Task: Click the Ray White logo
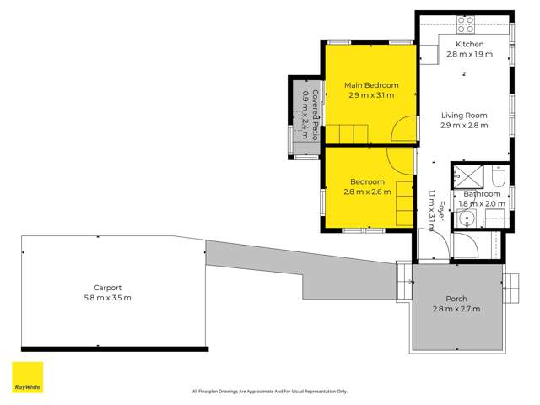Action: pyautogui.click(x=27, y=377)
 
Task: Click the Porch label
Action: pyautogui.click(x=456, y=299)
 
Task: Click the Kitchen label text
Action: pyautogui.click(x=469, y=44)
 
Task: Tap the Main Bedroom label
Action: pyautogui.click(x=371, y=85)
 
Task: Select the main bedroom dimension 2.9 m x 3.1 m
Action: pyautogui.click(x=371, y=95)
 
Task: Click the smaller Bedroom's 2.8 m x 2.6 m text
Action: pyautogui.click(x=368, y=192)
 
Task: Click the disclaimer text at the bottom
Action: pyautogui.click(x=270, y=391)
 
